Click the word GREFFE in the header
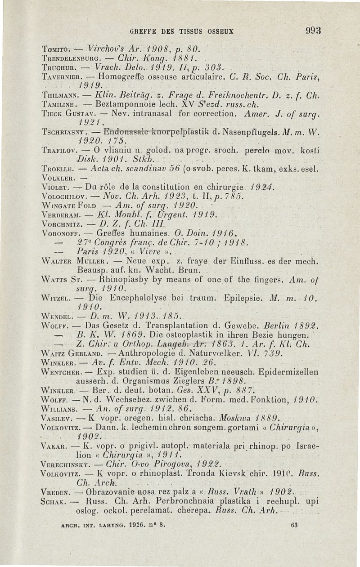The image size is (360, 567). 143,31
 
